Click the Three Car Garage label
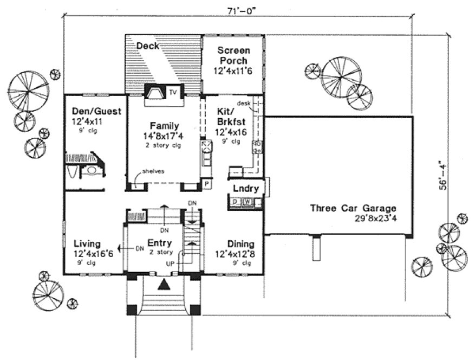tap(353, 208)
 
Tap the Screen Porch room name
tap(232, 55)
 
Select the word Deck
tap(148, 46)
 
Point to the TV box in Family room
tap(173, 92)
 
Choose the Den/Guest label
tap(96, 112)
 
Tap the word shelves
tap(153, 171)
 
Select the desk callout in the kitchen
tap(242, 103)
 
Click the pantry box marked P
tap(206, 185)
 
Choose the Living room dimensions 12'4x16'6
tap(93, 254)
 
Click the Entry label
tap(159, 243)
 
